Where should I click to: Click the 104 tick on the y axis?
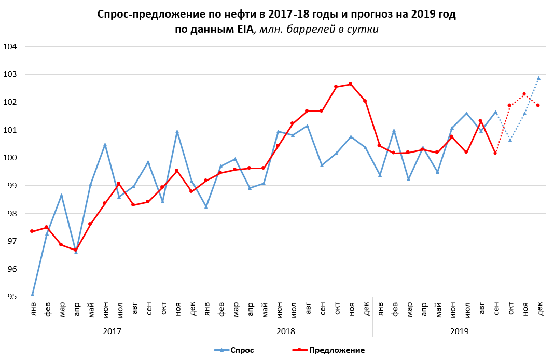pos(10,47)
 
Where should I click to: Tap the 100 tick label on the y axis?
pos(10,158)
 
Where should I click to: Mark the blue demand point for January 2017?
pos(32,295)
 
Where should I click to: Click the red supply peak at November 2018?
pos(350,84)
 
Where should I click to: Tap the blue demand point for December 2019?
pos(538,78)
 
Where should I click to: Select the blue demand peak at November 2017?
pos(177,132)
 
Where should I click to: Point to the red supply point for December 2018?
pos(365,101)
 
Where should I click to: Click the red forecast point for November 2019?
pos(524,94)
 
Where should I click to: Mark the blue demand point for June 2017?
pos(105,145)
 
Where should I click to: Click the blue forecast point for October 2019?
pos(510,140)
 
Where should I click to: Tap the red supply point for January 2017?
pos(32,231)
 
